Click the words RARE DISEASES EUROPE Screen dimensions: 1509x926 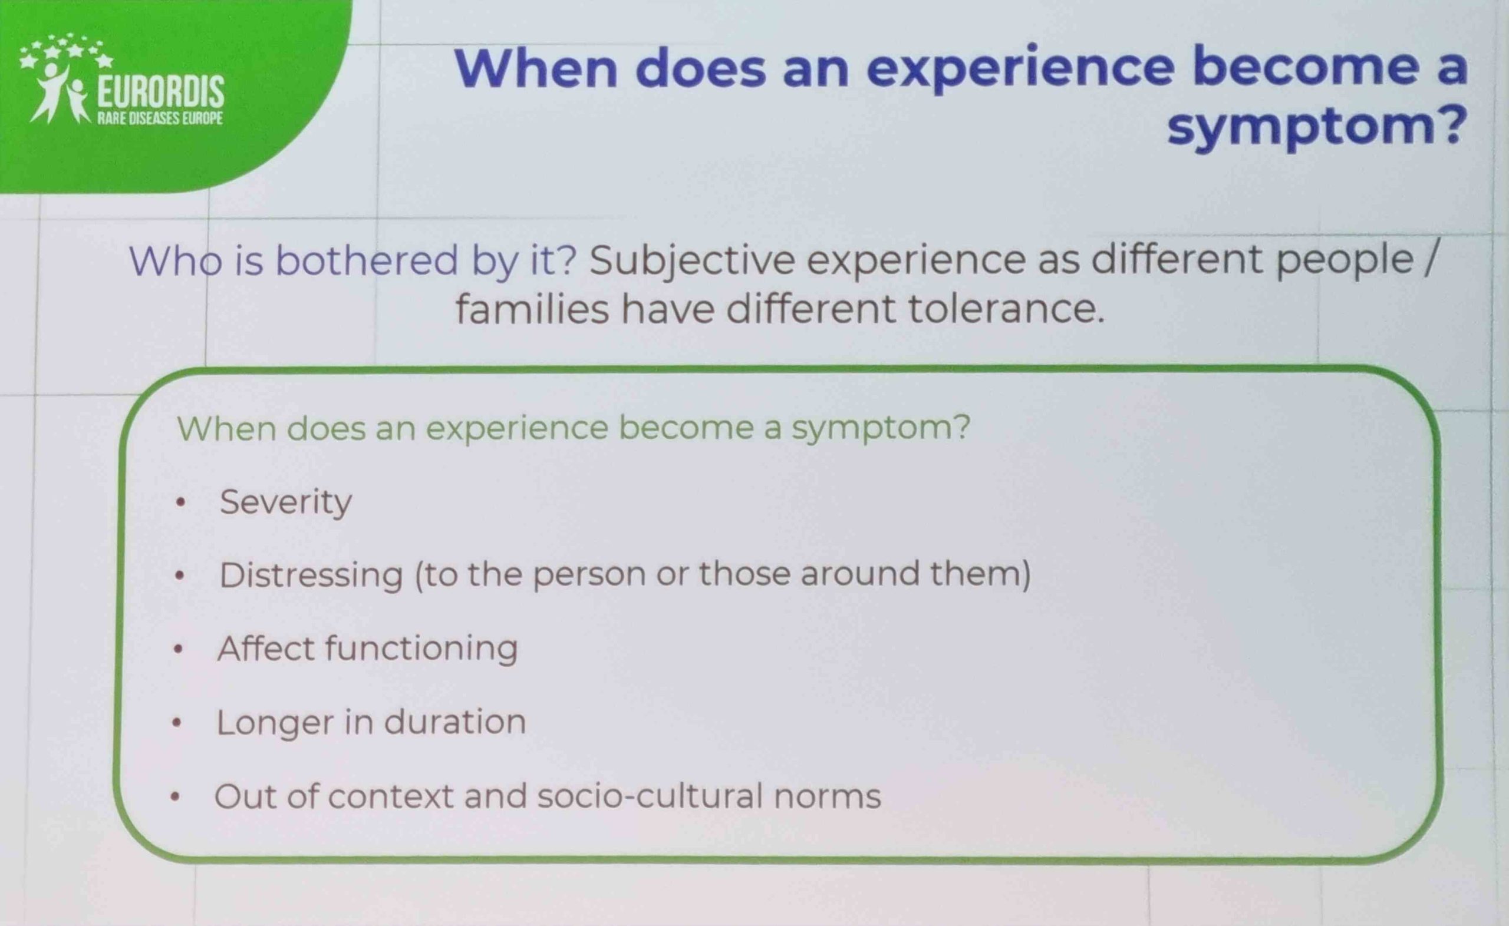(x=160, y=118)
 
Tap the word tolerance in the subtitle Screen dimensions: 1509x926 (x=1006, y=309)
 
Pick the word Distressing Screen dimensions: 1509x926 (x=311, y=575)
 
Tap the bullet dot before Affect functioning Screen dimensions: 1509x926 (x=178, y=649)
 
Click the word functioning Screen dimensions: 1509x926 (x=421, y=649)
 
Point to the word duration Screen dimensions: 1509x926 (x=454, y=722)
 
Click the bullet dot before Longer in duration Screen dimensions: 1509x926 (x=177, y=723)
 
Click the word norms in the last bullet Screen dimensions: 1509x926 (x=828, y=797)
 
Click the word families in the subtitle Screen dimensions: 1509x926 (x=532, y=309)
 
